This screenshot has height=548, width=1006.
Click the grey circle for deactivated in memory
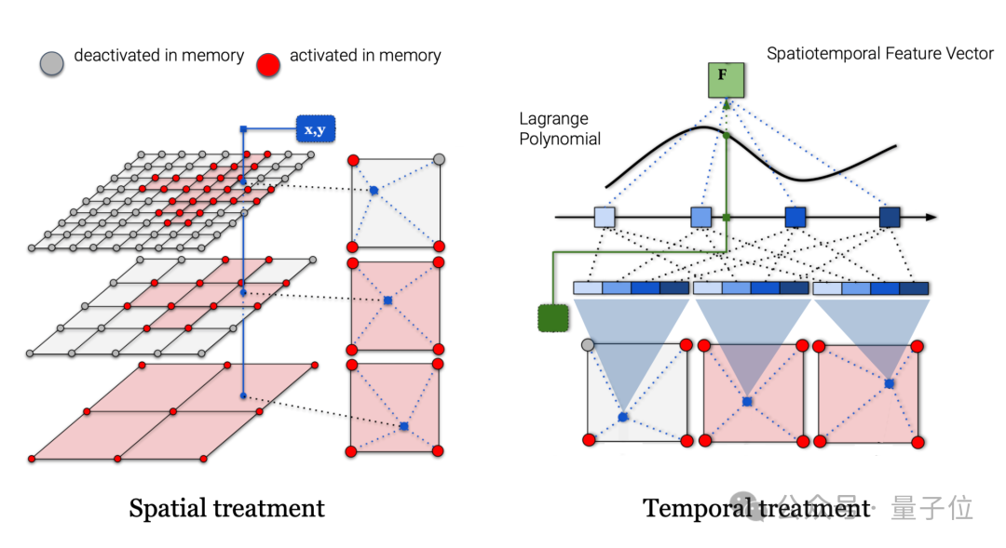[x=52, y=62]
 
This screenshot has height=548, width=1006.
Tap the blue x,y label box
[x=315, y=129]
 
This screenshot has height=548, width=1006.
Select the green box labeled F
[x=726, y=79]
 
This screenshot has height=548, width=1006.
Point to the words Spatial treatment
[x=226, y=508]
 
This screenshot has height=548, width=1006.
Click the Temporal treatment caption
[x=755, y=508]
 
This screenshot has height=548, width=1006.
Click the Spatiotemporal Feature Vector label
[x=880, y=53]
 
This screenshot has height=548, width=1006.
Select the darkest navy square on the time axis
[x=890, y=218]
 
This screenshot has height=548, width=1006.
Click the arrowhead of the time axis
[x=931, y=218]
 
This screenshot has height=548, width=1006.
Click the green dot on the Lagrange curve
[x=727, y=137]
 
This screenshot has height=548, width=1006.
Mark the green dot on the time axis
[x=727, y=218]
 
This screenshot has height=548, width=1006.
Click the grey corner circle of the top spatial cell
[x=441, y=160]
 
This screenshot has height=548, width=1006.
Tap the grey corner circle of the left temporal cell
[x=588, y=345]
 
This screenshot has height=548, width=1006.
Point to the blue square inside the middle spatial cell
[x=388, y=301]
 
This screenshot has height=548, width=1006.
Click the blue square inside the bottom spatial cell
[x=403, y=426]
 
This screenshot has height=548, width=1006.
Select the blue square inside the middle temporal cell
[x=747, y=401]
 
